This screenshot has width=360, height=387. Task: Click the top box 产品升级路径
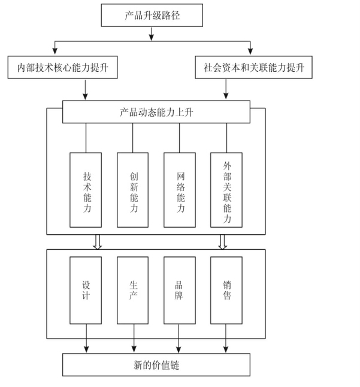[x=152, y=16]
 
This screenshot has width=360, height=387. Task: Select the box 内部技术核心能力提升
[x=62, y=68]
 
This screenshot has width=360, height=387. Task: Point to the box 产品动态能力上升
[x=156, y=111]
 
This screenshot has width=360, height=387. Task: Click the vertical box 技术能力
[x=86, y=190]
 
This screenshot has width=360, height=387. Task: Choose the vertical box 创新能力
[x=133, y=190]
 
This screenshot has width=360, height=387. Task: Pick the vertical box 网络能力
[x=180, y=190]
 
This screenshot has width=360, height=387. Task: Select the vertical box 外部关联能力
[x=226, y=190]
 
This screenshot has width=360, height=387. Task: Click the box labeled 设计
[x=86, y=290]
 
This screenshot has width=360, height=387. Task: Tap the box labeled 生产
[x=133, y=290]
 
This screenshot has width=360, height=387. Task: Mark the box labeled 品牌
[x=180, y=290]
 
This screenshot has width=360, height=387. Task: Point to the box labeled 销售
[x=226, y=290]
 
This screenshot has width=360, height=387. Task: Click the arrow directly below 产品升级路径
[x=152, y=34]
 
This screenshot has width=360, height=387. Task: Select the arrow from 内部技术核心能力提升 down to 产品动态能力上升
[x=86, y=89]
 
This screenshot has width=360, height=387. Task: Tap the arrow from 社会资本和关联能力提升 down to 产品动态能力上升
[x=226, y=89]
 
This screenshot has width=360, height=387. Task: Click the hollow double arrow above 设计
[x=98, y=241]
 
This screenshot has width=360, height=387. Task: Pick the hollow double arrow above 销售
[x=222, y=241]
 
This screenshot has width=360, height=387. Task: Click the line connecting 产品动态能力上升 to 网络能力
[x=180, y=138]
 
